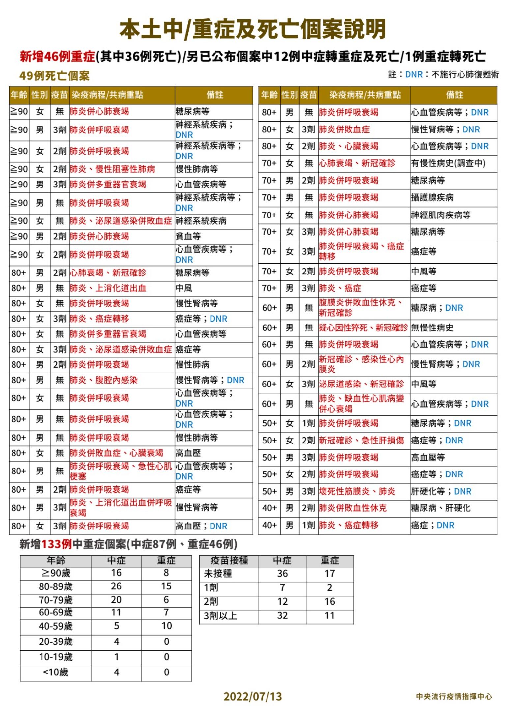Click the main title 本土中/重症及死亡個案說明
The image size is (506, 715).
(253, 29)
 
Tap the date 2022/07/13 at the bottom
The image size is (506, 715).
(253, 696)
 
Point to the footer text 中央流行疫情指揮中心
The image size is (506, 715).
(454, 696)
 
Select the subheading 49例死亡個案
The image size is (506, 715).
(54, 76)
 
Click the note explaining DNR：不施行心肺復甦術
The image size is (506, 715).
(443, 74)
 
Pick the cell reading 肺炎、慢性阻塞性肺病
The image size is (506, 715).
(112, 169)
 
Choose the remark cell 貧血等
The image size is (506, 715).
(188, 236)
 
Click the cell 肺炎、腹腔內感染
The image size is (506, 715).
(103, 380)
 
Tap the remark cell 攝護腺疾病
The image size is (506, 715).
(432, 198)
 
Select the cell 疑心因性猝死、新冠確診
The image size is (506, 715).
(363, 328)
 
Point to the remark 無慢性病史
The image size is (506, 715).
(432, 328)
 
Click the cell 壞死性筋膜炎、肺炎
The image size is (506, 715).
(357, 491)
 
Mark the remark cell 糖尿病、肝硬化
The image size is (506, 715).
(441, 508)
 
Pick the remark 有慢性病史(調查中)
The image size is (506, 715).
(448, 163)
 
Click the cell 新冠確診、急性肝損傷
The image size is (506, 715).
(361, 441)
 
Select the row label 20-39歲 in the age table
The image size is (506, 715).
(56, 642)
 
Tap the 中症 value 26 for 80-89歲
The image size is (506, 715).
(116, 586)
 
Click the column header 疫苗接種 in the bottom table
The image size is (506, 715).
(229, 560)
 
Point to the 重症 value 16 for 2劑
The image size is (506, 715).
(330, 602)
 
